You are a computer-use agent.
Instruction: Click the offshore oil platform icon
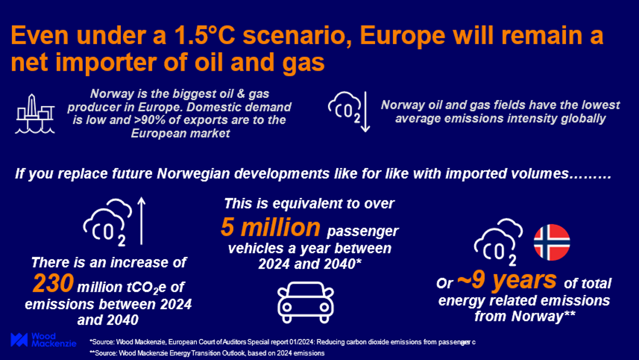[x=35, y=114]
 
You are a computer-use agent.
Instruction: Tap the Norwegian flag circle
[x=552, y=243]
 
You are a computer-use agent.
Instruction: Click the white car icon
[x=306, y=302]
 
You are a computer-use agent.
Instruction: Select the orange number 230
[x=53, y=283]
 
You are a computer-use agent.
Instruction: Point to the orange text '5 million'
[x=271, y=227]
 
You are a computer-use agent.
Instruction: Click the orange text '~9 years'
[x=506, y=280]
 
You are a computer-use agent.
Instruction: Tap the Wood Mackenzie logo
[x=43, y=340]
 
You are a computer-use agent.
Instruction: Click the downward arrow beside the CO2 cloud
[x=365, y=112]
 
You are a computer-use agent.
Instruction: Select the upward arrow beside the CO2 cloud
[x=141, y=221]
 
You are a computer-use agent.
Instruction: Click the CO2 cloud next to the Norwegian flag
[x=498, y=243]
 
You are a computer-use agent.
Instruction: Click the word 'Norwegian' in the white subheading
[x=193, y=174]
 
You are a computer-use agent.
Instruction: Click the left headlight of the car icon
[x=287, y=307]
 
